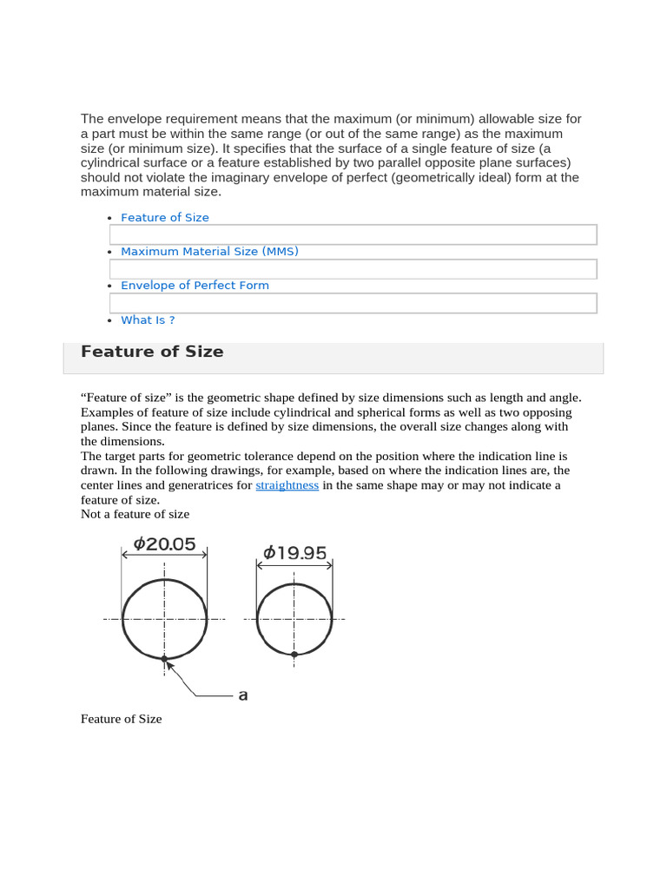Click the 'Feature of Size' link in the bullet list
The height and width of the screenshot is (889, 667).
(165, 218)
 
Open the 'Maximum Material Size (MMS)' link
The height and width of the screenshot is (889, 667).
(209, 252)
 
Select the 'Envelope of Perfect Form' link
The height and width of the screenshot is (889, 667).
(195, 286)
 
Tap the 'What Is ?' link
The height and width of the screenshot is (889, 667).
(148, 320)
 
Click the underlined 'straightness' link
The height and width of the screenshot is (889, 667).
(287, 485)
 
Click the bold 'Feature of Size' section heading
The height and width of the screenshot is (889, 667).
(152, 352)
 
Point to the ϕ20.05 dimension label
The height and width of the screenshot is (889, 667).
(164, 544)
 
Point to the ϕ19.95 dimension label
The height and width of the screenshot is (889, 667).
(294, 552)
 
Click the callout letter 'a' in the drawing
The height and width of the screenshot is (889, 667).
(243, 695)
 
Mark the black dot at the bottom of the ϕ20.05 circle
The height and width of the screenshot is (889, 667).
(164, 659)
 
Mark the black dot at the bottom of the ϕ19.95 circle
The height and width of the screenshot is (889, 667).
(294, 654)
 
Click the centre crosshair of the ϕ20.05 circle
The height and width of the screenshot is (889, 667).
(164, 619)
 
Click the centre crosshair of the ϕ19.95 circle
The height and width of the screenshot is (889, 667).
(294, 619)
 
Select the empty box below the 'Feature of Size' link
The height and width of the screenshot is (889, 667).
(353, 234)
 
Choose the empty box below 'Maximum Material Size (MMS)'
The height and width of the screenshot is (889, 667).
(353, 269)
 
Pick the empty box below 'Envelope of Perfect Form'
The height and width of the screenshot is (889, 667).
(353, 303)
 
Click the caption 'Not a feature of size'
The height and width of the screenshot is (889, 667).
(135, 514)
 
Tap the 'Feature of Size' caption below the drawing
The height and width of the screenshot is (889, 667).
(121, 719)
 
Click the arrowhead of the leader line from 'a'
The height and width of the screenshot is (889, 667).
(169, 665)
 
